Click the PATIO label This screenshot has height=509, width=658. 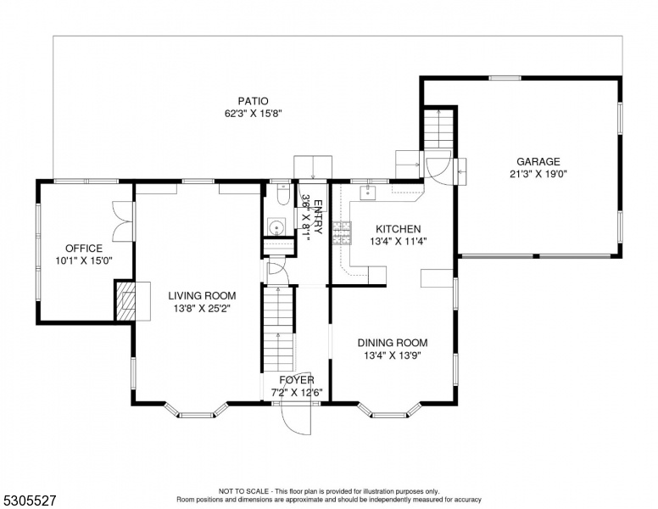(x=253, y=101)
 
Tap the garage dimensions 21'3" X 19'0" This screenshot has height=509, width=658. (x=538, y=174)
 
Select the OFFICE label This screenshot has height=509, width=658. (x=84, y=249)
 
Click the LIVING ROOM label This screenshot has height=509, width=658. (x=202, y=296)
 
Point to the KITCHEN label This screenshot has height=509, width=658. (x=398, y=229)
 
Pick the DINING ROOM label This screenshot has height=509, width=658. (x=393, y=343)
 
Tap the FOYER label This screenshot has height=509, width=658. (x=297, y=380)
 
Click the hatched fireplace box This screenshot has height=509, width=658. (x=125, y=301)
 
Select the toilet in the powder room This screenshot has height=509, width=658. (x=284, y=194)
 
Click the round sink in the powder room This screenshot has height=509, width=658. (x=276, y=227)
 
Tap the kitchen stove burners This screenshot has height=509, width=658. (x=343, y=233)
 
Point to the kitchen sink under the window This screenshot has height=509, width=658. (x=368, y=193)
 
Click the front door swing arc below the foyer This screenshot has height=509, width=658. (x=296, y=420)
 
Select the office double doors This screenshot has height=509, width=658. (x=123, y=221)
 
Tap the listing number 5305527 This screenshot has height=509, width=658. (x=29, y=501)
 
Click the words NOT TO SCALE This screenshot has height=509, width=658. (x=243, y=491)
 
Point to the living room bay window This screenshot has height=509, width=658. (x=196, y=412)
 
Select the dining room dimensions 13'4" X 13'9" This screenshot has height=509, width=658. (x=393, y=355)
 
